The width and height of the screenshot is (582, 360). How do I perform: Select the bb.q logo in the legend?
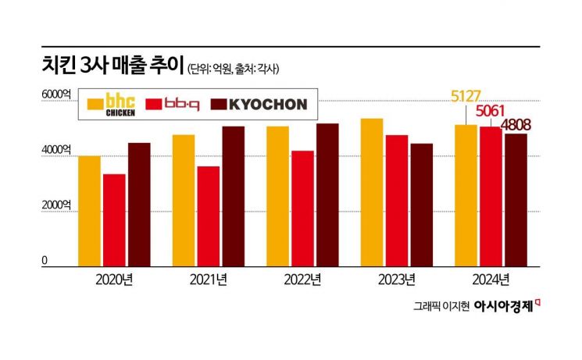pyautogui.click(x=181, y=104)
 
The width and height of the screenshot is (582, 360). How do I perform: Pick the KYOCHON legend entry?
pyautogui.click(x=262, y=104)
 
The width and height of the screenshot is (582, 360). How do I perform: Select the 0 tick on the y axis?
pyautogui.click(x=45, y=261)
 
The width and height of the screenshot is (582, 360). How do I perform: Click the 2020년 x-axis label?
pyautogui.click(x=114, y=280)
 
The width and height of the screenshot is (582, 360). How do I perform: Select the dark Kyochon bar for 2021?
pyautogui.click(x=234, y=196)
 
